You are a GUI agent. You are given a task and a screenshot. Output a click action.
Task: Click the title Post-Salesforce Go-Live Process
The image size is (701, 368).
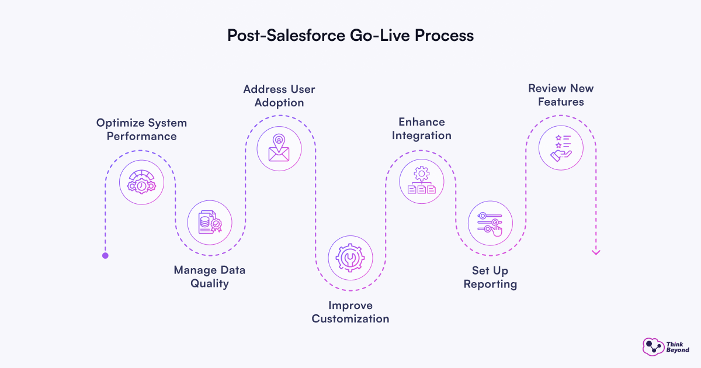coord(350,35)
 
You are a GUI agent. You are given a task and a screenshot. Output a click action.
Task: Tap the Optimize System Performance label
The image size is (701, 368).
coord(141,130)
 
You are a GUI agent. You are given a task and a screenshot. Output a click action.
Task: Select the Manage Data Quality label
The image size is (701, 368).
coord(210,277)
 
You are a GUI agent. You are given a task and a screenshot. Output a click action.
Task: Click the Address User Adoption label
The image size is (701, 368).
coord(279,96)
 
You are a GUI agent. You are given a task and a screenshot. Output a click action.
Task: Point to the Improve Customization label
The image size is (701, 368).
coord(350,312)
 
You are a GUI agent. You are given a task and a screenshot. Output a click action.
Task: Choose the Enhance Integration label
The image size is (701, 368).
coord(422,129)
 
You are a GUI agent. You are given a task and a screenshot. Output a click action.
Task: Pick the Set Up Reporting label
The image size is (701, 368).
coord(490,277)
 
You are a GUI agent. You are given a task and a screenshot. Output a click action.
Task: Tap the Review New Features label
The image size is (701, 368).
coord(561,95)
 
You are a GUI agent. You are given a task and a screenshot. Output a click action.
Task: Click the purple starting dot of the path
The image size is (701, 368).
coord(105,255)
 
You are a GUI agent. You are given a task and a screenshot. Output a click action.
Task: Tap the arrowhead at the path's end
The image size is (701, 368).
coord(596,252)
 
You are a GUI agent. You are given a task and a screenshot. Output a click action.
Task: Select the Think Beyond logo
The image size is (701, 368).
coord(665,346)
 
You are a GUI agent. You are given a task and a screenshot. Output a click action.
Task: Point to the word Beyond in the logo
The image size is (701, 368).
coord(677,350)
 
